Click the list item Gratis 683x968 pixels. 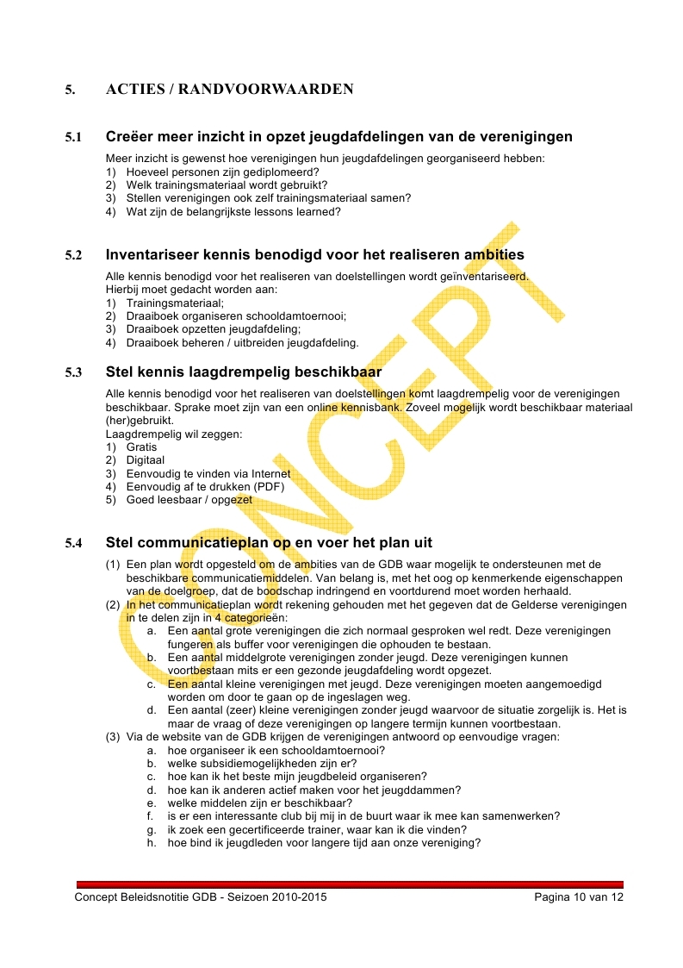click(x=141, y=447)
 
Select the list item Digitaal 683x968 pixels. click(x=146, y=460)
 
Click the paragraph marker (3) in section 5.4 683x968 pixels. click(x=113, y=737)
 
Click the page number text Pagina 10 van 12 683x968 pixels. click(x=578, y=897)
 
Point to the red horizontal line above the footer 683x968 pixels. click(x=350, y=884)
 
